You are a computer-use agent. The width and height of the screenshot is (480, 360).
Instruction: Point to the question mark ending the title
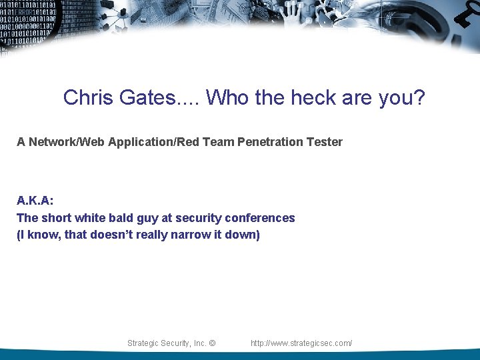[x=419, y=98]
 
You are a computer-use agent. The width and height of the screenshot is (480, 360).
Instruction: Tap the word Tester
[x=325, y=142]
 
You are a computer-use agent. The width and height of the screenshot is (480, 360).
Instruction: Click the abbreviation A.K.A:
[x=35, y=201]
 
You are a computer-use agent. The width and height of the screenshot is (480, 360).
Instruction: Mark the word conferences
[x=260, y=218]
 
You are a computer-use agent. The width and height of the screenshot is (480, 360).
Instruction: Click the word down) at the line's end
[x=242, y=235]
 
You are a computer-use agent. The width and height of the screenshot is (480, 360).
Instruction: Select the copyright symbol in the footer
[x=212, y=343]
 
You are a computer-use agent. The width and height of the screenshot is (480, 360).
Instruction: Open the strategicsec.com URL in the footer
[x=301, y=343]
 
